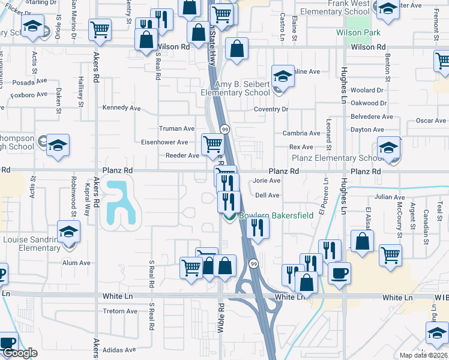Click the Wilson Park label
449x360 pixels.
click(359, 32)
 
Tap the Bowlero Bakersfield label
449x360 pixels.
click(276, 216)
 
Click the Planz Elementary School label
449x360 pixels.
click(336, 158)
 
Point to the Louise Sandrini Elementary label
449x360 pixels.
click(31, 244)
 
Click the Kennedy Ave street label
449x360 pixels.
click(121, 108)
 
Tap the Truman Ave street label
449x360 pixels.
click(176, 128)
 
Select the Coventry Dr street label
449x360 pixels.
click(271, 109)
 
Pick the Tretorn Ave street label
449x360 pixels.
click(121, 311)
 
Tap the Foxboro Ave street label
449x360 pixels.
click(29, 94)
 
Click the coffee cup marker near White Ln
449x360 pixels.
click(339, 273)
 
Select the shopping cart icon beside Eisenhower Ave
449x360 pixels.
click(212, 144)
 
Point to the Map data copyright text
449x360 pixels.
click(423, 355)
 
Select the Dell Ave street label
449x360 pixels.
click(268, 195)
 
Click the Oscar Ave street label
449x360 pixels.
click(430, 121)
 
